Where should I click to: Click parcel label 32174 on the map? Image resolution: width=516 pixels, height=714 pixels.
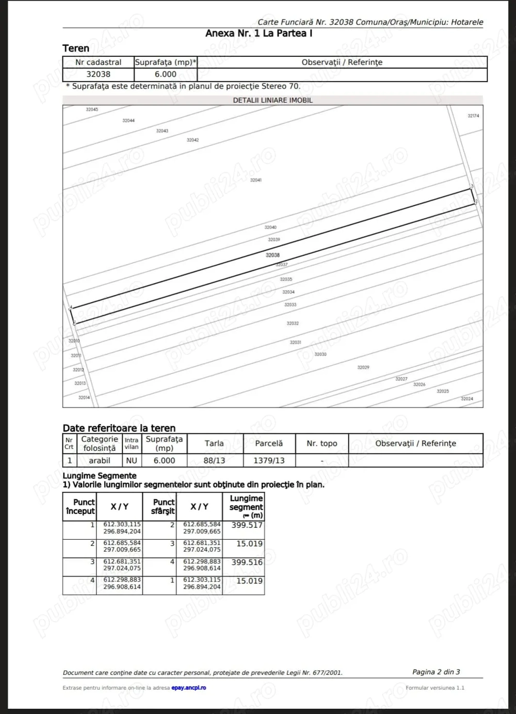pyautogui.click(x=473, y=116)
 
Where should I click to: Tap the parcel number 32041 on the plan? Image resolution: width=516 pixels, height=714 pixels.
pyautogui.click(x=256, y=180)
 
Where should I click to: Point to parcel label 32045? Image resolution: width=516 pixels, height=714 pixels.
pyautogui.click(x=92, y=109)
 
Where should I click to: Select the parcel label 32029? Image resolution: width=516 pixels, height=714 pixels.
pyautogui.click(x=363, y=367)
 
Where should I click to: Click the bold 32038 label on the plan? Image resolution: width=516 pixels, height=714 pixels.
pyautogui.click(x=272, y=255)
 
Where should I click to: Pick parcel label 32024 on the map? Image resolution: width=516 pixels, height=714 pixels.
pyautogui.click(x=466, y=399)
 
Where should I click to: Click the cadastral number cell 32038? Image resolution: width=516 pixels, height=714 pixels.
pyautogui.click(x=98, y=74)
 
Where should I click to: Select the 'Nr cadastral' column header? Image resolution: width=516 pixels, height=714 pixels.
pyautogui.click(x=98, y=62)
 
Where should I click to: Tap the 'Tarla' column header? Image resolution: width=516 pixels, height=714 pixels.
pyautogui.click(x=214, y=443)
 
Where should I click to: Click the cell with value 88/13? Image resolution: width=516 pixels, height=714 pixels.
pyautogui.click(x=214, y=460)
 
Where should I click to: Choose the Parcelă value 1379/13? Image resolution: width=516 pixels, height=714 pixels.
pyautogui.click(x=269, y=460)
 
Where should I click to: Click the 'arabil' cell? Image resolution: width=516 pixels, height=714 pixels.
pyautogui.click(x=100, y=460)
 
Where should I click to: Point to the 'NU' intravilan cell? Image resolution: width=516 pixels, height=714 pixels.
pyautogui.click(x=132, y=460)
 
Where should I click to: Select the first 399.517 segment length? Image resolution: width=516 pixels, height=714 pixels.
pyautogui.click(x=247, y=525)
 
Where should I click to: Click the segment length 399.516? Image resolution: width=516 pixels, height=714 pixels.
pyautogui.click(x=247, y=562)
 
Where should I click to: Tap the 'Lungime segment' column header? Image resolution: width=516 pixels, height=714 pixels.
pyautogui.click(x=246, y=507)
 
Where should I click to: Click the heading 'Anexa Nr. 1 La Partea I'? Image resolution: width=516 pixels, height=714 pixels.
pyautogui.click(x=259, y=34)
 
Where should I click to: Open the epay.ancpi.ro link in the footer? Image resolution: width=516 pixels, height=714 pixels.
pyautogui.click(x=188, y=688)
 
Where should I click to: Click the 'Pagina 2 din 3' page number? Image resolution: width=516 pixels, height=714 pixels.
pyautogui.click(x=436, y=672)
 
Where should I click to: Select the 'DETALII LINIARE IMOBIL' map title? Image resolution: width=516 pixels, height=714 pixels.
pyautogui.click(x=272, y=100)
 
